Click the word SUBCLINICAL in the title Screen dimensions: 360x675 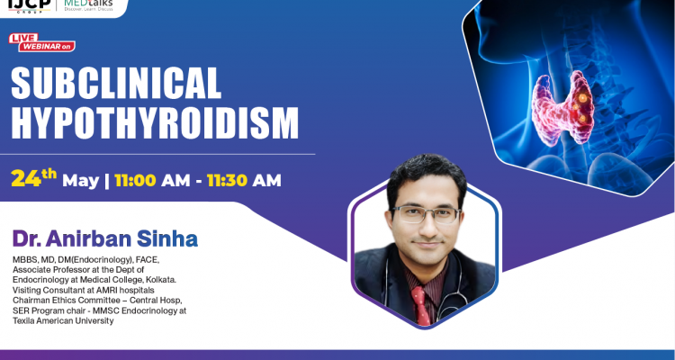pos(116,84)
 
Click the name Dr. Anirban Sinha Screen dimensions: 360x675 pos(104,239)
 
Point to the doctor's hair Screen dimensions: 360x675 pos(423,174)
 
